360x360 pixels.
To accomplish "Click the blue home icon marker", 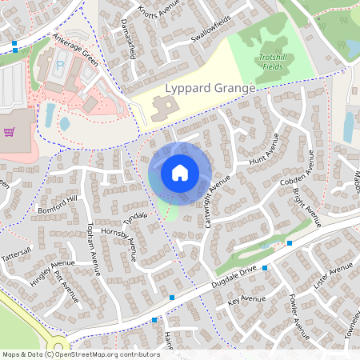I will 180,172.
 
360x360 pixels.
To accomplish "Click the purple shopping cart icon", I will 10,132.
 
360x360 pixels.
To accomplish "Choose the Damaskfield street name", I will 126,40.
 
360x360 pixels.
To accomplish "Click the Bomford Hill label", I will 58,205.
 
